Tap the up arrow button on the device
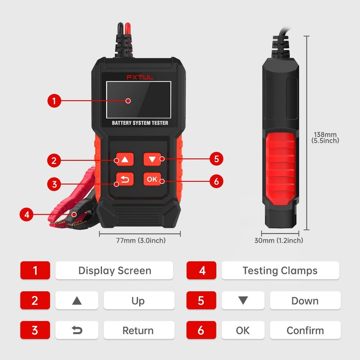[x=125, y=159]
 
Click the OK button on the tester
[x=152, y=179]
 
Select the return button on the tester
[x=125, y=179]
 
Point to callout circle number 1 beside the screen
[x=54, y=101]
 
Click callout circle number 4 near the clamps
[x=26, y=215]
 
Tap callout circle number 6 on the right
[x=216, y=181]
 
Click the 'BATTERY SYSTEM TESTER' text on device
[x=140, y=123]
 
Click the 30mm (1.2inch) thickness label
[x=279, y=240]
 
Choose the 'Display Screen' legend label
[x=114, y=271]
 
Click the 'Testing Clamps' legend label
[x=280, y=271]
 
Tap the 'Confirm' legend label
[x=305, y=330]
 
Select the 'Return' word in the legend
[x=138, y=330]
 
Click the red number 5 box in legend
[x=201, y=301]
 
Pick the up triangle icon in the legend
[x=77, y=301]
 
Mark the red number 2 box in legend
[x=35, y=301]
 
